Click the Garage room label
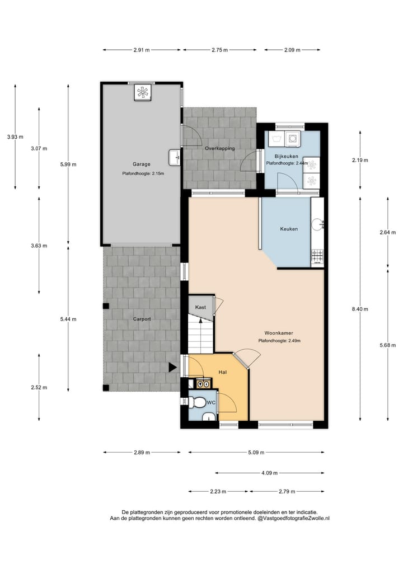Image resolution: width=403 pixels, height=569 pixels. pyautogui.click(x=141, y=164)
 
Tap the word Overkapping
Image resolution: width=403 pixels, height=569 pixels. pyautogui.click(x=219, y=148)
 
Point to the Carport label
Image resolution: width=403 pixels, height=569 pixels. pyautogui.click(x=142, y=319)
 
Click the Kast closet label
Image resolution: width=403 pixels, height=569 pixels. pyautogui.click(x=200, y=307)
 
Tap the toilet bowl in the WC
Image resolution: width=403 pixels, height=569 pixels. pyautogui.click(x=198, y=402)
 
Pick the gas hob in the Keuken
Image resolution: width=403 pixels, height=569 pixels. pyautogui.click(x=317, y=257)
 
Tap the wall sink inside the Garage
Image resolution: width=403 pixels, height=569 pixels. pyautogui.click(x=174, y=157)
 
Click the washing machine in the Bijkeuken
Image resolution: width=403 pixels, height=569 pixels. pyautogui.click(x=292, y=138)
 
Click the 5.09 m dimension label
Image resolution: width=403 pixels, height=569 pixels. pyautogui.click(x=256, y=453)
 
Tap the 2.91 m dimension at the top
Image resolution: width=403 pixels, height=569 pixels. pyautogui.click(x=142, y=50)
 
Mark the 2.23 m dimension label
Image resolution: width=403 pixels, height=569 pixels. pyautogui.click(x=219, y=492)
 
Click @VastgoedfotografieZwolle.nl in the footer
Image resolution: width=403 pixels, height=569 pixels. pyautogui.click(x=293, y=519)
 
